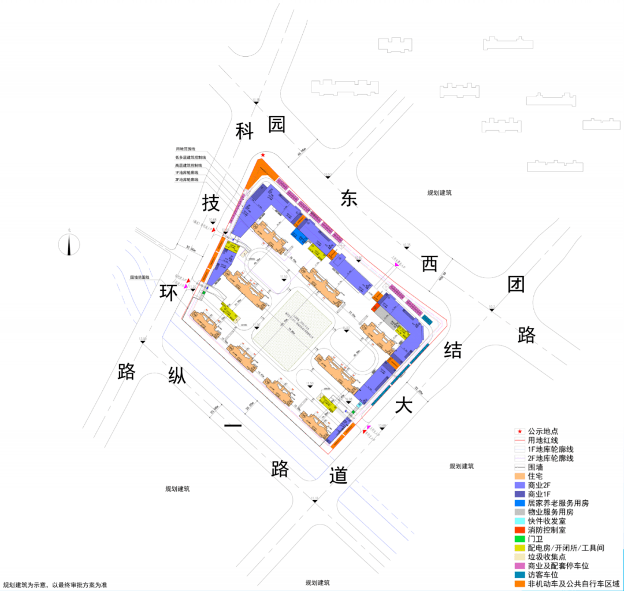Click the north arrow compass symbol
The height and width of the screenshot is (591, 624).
(69, 243)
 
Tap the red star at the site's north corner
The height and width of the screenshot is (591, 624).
(263, 155)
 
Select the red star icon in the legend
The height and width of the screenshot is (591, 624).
(519, 431)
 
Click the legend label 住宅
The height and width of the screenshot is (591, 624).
(536, 476)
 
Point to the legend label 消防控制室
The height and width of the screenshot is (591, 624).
(547, 530)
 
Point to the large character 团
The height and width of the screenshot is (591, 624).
(517, 284)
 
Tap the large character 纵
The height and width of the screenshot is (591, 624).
(177, 376)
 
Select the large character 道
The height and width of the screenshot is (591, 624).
(339, 475)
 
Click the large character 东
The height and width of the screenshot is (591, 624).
(350, 198)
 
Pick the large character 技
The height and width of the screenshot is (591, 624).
(211, 203)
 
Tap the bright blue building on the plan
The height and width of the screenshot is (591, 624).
(299, 236)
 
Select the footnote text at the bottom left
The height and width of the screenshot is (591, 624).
(55, 585)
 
